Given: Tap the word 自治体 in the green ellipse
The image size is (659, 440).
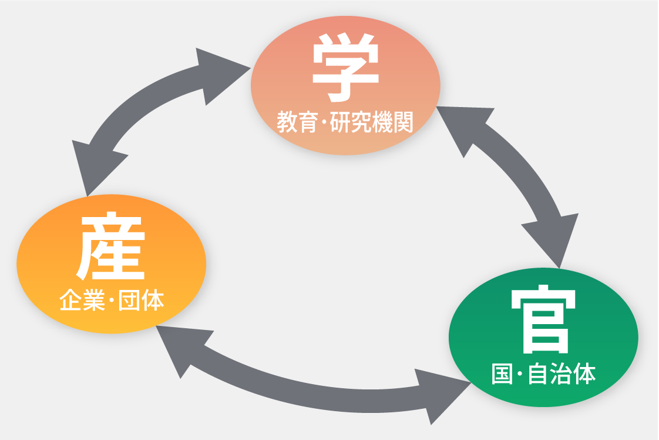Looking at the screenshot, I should pos(562,374).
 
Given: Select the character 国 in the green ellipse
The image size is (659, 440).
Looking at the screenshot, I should pos(502,374).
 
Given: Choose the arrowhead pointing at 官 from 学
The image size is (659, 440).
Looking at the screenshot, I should pos(546,238).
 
